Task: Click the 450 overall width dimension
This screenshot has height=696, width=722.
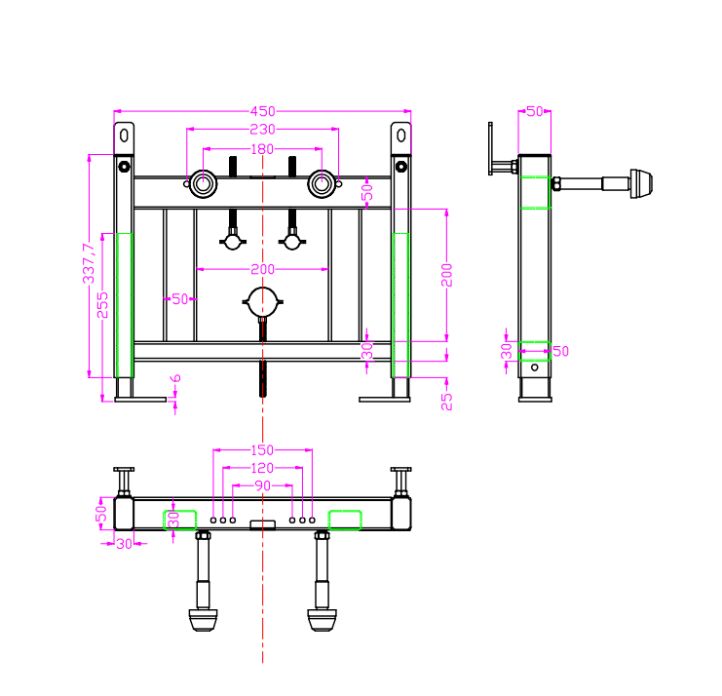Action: (262, 111)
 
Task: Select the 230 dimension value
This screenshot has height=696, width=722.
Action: (262, 130)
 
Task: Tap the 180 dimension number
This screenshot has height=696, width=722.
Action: (262, 149)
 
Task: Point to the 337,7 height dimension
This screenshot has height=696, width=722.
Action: (89, 263)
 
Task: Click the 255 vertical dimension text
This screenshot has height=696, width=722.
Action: (102, 305)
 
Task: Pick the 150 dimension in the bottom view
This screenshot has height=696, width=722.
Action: (262, 450)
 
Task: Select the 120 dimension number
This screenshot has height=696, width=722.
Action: (262, 469)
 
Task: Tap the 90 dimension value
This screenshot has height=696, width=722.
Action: (262, 486)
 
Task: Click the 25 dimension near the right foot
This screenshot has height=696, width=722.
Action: (446, 402)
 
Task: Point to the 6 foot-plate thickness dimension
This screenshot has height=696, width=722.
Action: (175, 378)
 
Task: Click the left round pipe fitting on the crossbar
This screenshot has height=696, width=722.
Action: (203, 184)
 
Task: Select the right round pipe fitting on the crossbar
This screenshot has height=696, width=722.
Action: (322, 184)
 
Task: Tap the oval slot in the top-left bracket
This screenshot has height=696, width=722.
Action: (124, 135)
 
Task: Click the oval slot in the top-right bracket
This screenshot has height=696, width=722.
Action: (401, 135)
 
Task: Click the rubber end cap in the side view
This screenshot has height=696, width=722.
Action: (641, 184)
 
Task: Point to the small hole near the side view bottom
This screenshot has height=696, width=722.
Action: (535, 367)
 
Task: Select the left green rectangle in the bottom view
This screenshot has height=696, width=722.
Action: (180, 520)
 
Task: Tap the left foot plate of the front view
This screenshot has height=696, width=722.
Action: (140, 400)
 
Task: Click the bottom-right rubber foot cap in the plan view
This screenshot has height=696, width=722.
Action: (322, 620)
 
